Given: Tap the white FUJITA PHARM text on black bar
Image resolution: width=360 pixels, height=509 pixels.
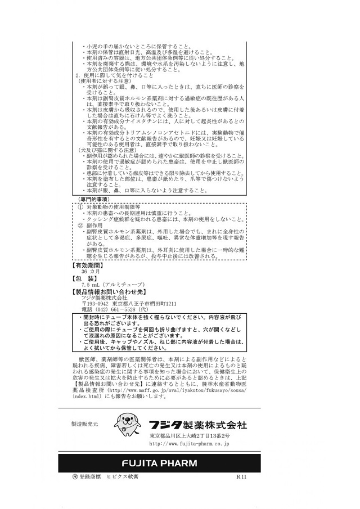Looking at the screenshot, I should point(160,463).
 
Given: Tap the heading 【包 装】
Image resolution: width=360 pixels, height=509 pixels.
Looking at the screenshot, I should point(85,278).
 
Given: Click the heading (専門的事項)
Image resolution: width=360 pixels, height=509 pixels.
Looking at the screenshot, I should point(93,199).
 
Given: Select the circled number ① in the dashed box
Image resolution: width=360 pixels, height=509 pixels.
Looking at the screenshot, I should point(80,207).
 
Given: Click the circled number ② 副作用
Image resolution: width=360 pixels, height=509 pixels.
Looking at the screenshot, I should point(80,225).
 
